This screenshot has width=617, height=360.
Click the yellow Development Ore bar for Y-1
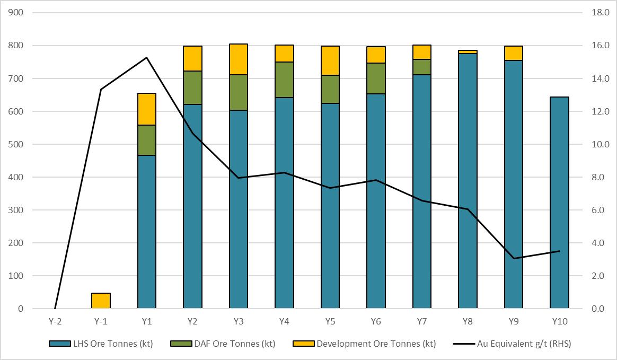click(x=101, y=301)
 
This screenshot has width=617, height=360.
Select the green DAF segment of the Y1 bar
click(x=146, y=140)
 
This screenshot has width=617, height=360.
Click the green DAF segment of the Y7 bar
click(x=421, y=67)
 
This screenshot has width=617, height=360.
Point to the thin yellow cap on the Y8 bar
click(x=468, y=52)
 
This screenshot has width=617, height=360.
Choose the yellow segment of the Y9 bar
click(x=513, y=53)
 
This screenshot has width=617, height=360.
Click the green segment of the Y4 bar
click(x=284, y=80)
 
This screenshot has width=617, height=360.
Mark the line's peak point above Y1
click(x=146, y=57)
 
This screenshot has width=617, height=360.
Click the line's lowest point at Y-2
click(x=55, y=308)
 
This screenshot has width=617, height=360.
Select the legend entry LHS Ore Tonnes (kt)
click(x=101, y=344)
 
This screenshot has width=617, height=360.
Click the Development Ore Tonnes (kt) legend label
click(x=376, y=344)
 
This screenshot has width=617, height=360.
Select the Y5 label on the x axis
click(x=330, y=322)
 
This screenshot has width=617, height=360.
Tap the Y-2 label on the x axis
click(x=55, y=322)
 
